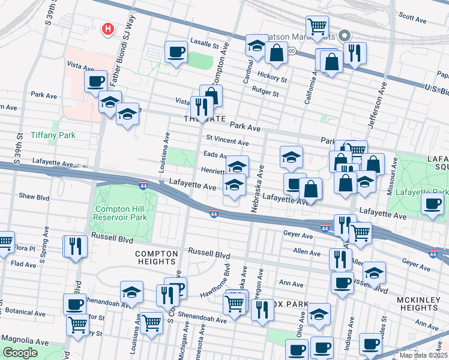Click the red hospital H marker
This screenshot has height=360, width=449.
pyautogui.click(x=108, y=28)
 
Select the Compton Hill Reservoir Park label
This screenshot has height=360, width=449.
pyautogui.click(x=120, y=213)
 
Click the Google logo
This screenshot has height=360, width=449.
pyautogui.click(x=20, y=353)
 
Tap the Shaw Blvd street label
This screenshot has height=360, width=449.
pyautogui.click(x=34, y=196)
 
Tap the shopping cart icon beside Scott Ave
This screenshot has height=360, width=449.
pyautogui.click(x=317, y=26)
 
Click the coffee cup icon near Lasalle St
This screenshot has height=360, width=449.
pyautogui.click(x=176, y=52)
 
